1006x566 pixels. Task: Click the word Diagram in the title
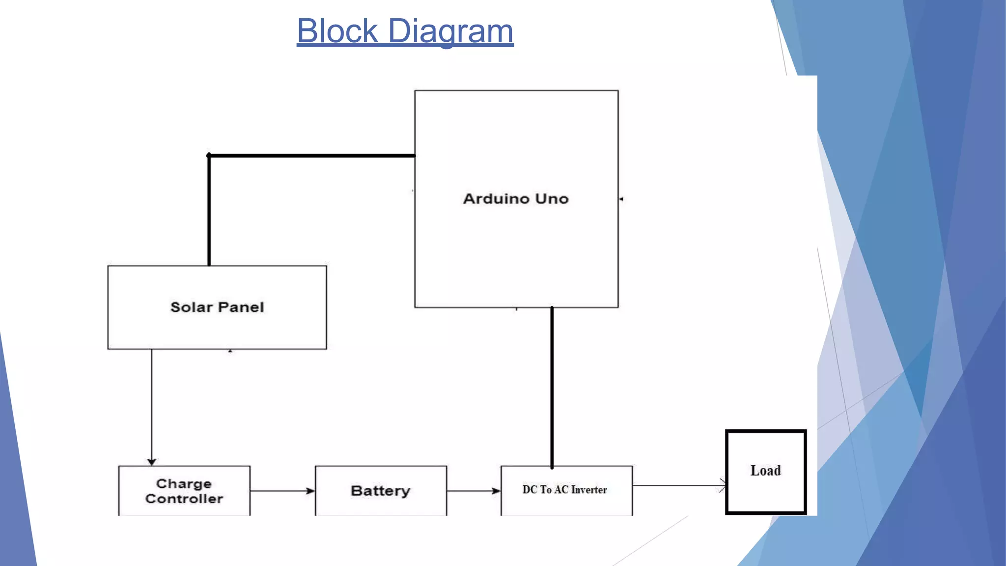pyautogui.click(x=450, y=31)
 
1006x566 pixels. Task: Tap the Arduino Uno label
pyautogui.click(x=516, y=198)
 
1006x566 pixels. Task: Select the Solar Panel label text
pyautogui.click(x=217, y=307)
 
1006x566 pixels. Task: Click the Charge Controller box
pyautogui.click(x=184, y=491)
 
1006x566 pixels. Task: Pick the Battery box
pyautogui.click(x=381, y=491)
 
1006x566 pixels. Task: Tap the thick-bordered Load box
pyautogui.click(x=766, y=471)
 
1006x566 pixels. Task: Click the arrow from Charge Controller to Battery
pyautogui.click(x=282, y=491)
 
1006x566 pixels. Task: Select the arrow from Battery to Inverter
pyautogui.click(x=474, y=491)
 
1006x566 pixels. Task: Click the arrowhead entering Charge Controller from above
pyautogui.click(x=152, y=461)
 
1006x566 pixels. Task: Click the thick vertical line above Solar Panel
pyautogui.click(x=209, y=211)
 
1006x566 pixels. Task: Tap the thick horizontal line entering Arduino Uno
pyautogui.click(x=312, y=156)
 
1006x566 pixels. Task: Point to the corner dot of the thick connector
pyautogui.click(x=209, y=156)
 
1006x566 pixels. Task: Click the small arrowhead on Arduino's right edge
pyautogui.click(x=621, y=199)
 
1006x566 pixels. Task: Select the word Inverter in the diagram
pyautogui.click(x=589, y=489)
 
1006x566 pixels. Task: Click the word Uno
pyautogui.click(x=552, y=198)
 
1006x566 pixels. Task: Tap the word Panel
pyautogui.click(x=241, y=307)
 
